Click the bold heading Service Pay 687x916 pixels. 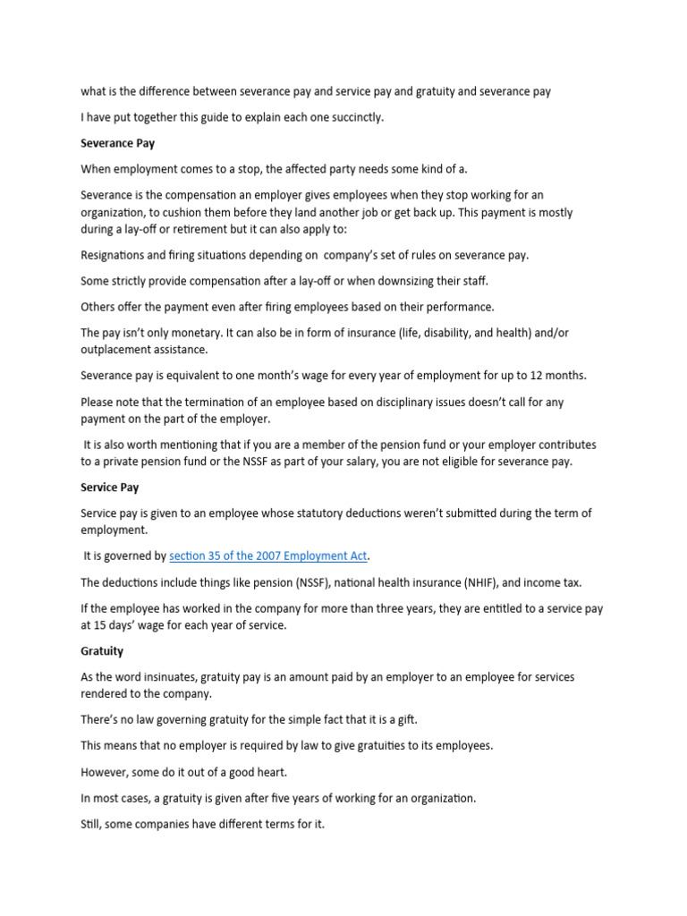pos(110,488)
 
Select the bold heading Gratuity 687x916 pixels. pos(102,651)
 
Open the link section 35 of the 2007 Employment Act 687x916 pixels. pos(268,556)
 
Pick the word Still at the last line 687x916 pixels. pos(92,823)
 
